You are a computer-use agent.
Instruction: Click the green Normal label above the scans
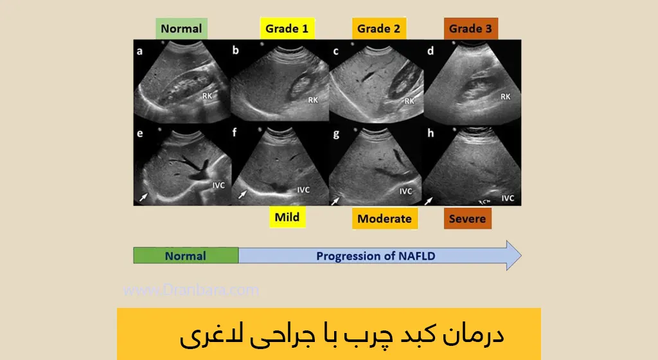(181, 29)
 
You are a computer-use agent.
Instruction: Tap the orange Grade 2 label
(379, 29)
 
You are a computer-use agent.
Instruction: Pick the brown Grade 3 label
(470, 29)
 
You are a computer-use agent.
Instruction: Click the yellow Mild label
(287, 217)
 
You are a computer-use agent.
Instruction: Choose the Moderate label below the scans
(384, 219)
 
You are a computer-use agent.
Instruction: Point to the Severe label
(467, 219)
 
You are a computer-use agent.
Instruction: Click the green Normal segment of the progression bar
(186, 256)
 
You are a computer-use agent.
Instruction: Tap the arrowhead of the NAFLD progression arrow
(512, 256)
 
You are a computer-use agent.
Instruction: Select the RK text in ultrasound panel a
(208, 96)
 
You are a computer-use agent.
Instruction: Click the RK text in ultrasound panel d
(506, 97)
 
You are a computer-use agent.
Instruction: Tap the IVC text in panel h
(508, 198)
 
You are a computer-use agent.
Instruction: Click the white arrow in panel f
(243, 193)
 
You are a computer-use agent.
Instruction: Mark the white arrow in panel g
(335, 201)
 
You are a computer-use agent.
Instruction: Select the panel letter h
(431, 134)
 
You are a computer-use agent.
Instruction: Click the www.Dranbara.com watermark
(191, 290)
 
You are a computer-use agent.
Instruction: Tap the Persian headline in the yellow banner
(342, 336)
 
